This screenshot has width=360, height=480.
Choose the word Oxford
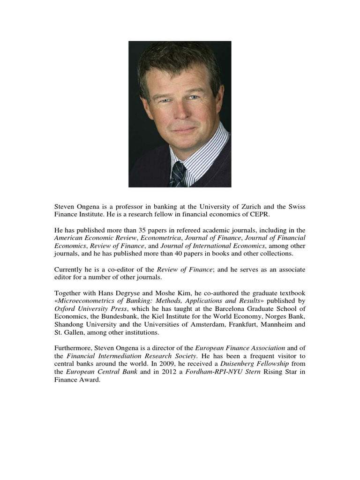point(66,308)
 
